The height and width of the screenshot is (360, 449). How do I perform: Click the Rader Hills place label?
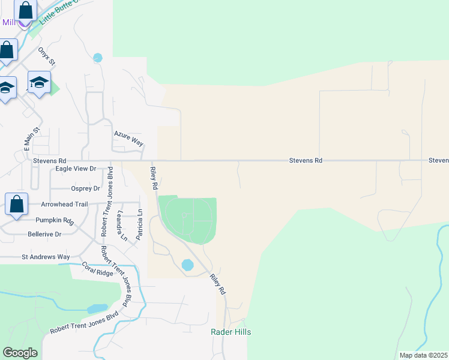[231, 332]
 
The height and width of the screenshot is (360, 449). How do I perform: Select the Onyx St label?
[46, 56]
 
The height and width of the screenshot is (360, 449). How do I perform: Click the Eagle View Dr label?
[76, 169]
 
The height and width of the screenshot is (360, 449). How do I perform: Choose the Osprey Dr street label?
[85, 188]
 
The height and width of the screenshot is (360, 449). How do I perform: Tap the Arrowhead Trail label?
[64, 204]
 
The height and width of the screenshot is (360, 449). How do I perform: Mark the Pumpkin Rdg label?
[54, 220]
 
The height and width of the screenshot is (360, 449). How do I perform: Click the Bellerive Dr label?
[44, 234]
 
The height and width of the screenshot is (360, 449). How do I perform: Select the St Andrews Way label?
[46, 257]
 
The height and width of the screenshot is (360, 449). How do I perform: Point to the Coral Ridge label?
[97, 269]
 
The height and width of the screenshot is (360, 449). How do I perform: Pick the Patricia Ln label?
[139, 224]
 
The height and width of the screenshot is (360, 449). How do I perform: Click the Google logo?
[20, 352]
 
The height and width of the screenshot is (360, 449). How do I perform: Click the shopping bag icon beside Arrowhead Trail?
[17, 203]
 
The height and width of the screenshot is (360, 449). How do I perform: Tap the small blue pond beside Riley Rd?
[187, 265]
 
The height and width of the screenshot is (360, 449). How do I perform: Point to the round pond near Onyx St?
[98, 58]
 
